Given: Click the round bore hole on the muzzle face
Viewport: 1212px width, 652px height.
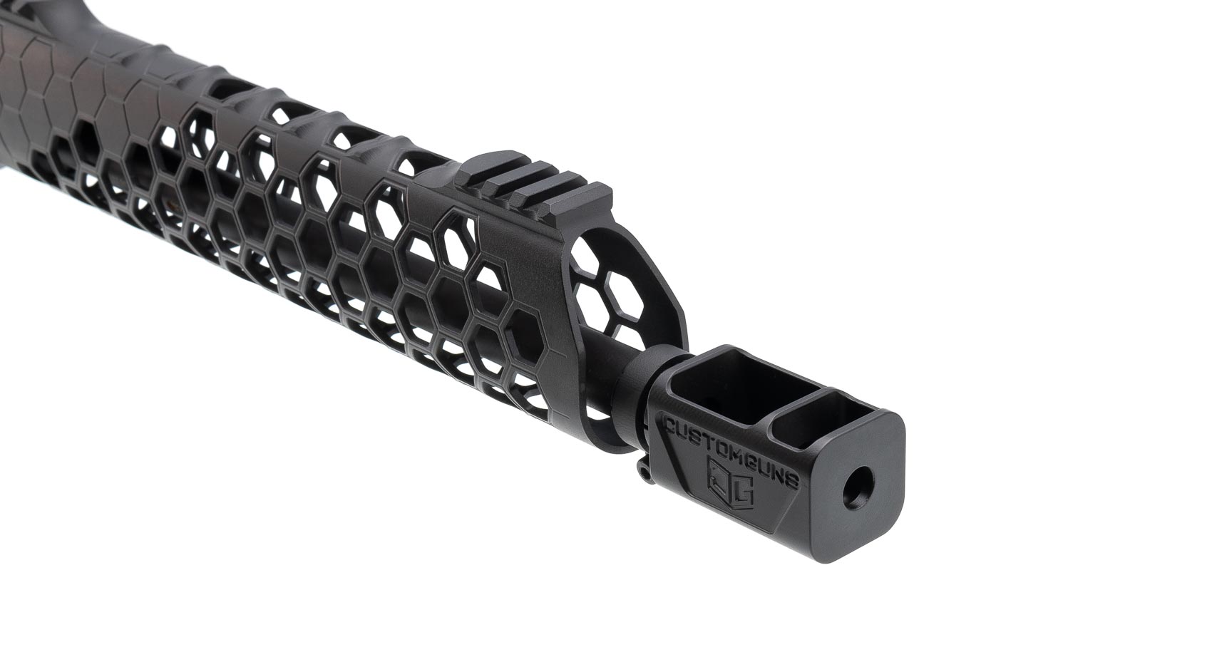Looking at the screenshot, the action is click(858, 486).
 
